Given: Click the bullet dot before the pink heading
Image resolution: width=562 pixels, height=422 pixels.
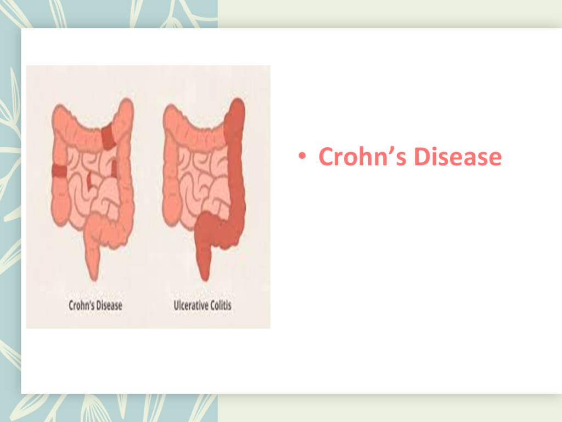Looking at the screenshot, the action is (x=302, y=156).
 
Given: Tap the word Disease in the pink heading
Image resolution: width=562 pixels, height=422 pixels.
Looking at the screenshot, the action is (x=458, y=157).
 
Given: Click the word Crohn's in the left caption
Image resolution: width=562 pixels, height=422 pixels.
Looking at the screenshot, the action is (x=81, y=306).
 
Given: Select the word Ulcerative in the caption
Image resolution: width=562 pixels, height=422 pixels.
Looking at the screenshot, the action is (x=190, y=306).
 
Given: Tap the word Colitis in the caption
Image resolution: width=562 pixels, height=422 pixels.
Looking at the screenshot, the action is (x=221, y=306).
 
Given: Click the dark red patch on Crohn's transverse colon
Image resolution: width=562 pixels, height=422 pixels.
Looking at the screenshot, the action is (x=109, y=137).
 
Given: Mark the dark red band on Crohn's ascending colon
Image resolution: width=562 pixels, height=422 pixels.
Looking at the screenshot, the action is (x=59, y=171).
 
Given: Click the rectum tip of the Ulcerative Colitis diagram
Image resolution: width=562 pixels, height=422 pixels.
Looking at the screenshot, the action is (x=205, y=276).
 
